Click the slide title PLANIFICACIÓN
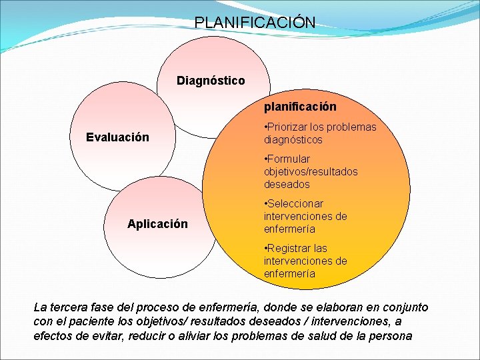tap(255, 22)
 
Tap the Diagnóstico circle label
tap(211, 81)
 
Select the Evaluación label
tap(117, 137)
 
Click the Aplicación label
tap(157, 224)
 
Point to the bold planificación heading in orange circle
tap(300, 107)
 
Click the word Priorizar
tap(289, 127)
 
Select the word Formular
tap(289, 159)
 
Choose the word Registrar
tap(291, 249)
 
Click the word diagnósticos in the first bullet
tap(293, 140)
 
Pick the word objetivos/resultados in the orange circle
tap(310, 172)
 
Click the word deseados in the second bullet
tap(286, 184)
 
